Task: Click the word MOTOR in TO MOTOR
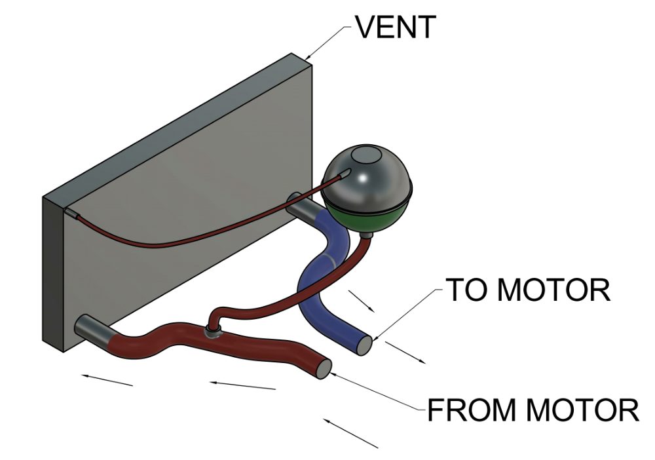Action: [x=559, y=290]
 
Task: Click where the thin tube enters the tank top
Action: [x=345, y=174]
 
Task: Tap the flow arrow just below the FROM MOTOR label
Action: [x=350, y=433]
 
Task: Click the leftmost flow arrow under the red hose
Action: [x=107, y=379]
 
